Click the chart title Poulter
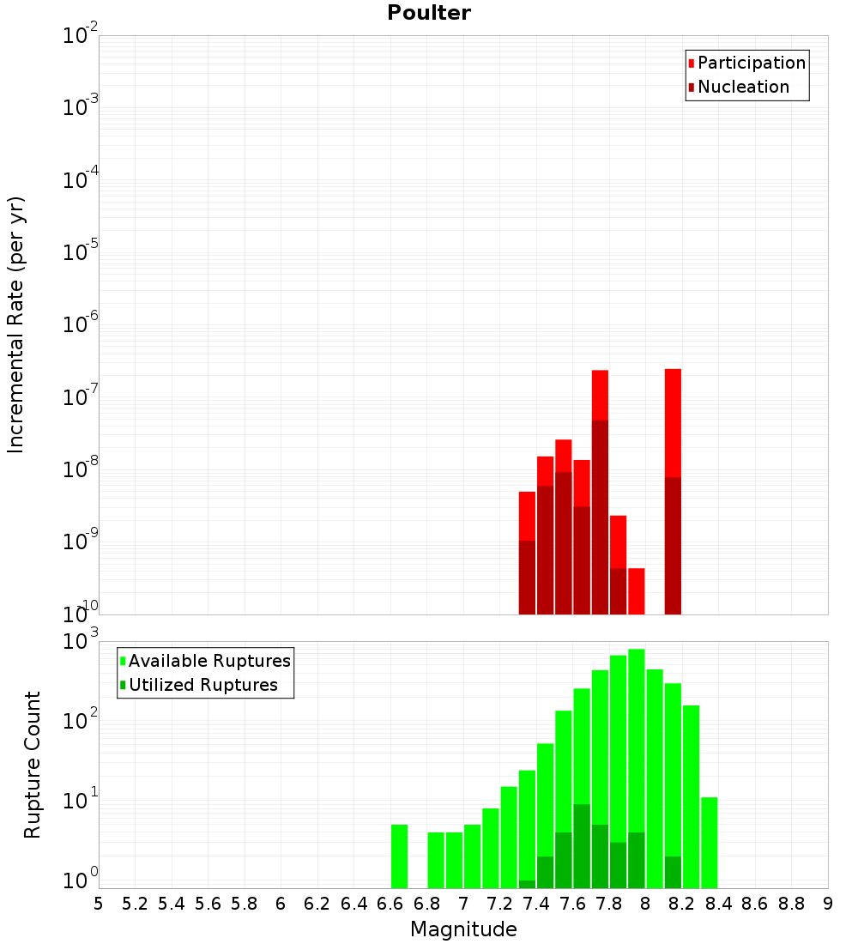coord(429,13)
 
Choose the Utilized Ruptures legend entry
coord(202,685)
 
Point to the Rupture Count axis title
coord(33,764)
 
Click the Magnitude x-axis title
coord(463,929)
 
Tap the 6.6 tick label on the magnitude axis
coord(390,904)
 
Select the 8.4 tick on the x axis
coord(718,904)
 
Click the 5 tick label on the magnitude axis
coord(99,904)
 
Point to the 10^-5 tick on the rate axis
coord(82,252)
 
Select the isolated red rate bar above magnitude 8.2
coord(673,421)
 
